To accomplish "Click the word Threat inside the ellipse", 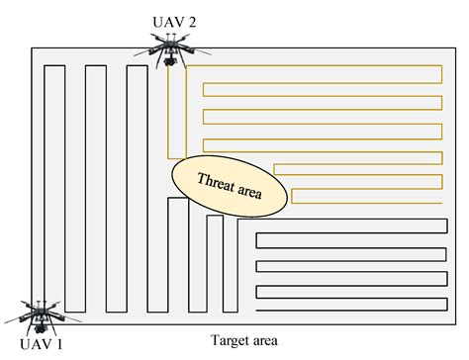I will point(216,179).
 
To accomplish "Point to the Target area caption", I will point(243,341).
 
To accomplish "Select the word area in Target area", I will point(262,342).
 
